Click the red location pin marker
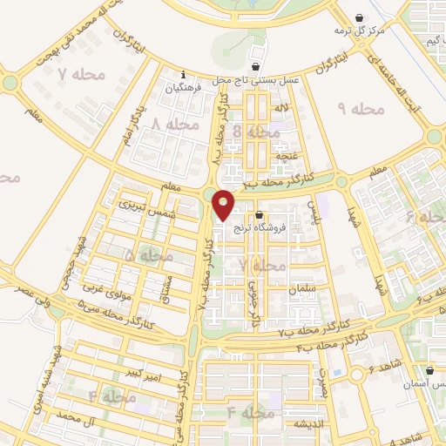tap(224, 205)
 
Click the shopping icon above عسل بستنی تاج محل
tap(255, 66)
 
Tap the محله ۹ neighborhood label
tap(361, 109)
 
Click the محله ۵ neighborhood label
tap(147, 256)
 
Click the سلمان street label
tap(318, 287)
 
